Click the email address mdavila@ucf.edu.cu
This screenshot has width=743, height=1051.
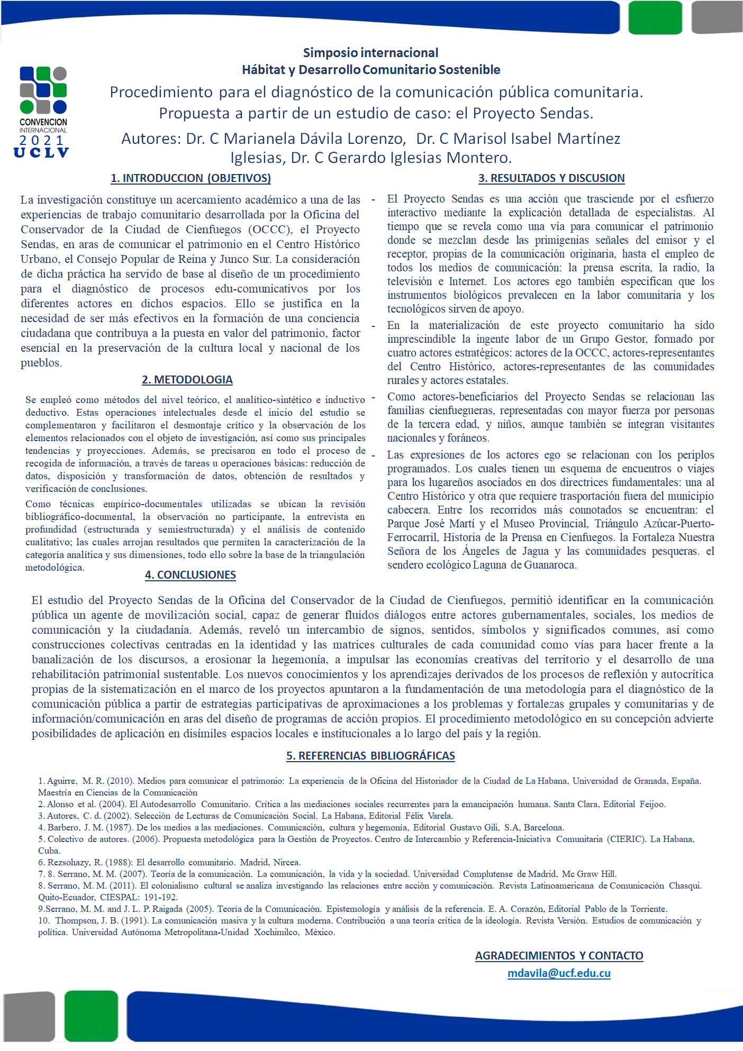[559, 973]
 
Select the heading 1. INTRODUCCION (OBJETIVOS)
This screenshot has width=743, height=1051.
[191, 178]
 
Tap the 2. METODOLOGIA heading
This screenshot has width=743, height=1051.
[187, 380]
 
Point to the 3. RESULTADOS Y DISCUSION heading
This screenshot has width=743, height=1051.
[551, 178]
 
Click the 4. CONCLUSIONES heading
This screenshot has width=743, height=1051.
[191, 575]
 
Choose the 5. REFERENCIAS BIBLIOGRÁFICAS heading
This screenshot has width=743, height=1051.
[370, 756]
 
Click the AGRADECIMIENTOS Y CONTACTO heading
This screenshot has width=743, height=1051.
[559, 956]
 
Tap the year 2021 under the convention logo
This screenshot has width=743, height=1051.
[42, 141]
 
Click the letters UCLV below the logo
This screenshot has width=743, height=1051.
[41, 153]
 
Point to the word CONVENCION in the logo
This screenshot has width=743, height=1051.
[43, 122]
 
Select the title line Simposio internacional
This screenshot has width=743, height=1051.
[370, 53]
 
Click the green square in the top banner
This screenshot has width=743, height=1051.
[655, 17]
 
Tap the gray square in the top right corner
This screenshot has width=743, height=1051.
[717, 17]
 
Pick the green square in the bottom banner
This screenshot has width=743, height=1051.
[91, 1016]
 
